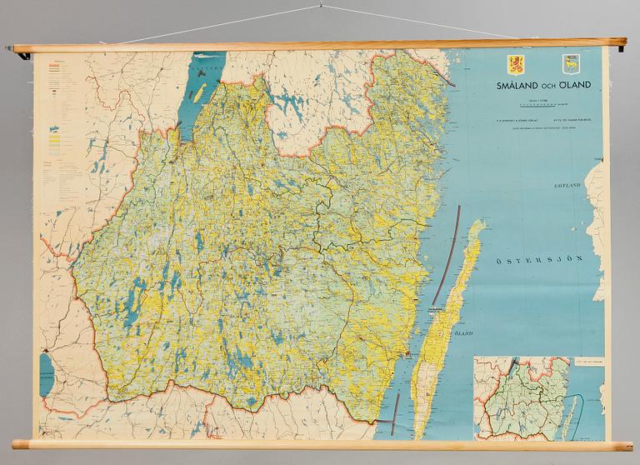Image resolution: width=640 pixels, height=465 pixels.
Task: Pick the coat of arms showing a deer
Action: coord(552,65)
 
